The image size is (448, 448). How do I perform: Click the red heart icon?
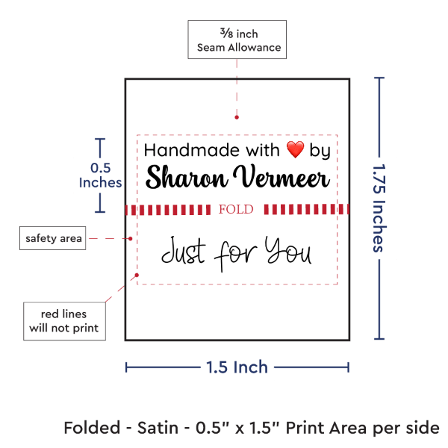click(296, 150)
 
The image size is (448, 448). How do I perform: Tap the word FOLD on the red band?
click(237, 210)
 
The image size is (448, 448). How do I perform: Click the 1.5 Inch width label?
click(237, 367)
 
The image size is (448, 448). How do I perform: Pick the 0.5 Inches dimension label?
click(99, 175)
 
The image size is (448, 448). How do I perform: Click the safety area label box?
click(53, 239)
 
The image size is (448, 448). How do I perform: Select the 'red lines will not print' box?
click(63, 319)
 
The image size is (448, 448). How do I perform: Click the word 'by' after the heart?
click(320, 152)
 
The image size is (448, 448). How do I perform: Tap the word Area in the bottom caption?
click(359, 428)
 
